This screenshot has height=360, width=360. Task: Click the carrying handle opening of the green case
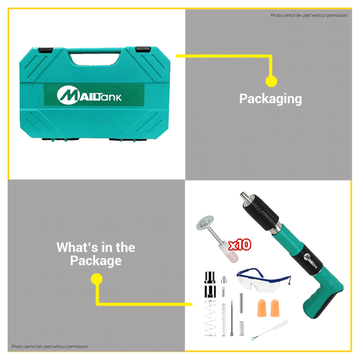click(x=95, y=59)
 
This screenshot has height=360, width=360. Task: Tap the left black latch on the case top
click(x=46, y=50)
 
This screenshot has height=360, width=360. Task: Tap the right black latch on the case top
click(x=143, y=49)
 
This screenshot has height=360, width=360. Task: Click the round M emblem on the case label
click(x=67, y=95)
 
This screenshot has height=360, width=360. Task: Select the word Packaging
click(x=271, y=99)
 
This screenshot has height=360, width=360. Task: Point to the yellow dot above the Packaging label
click(x=271, y=82)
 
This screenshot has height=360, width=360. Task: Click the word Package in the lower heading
click(x=96, y=261)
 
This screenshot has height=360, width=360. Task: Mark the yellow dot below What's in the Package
click(x=96, y=279)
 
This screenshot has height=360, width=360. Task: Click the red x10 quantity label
click(x=240, y=245)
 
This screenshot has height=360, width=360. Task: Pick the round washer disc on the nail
click(x=205, y=223)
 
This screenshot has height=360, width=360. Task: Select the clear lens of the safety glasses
click(x=258, y=283)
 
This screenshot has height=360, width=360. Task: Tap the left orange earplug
click(x=262, y=308)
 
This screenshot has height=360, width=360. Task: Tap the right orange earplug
click(x=276, y=308)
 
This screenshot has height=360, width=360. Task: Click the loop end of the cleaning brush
click(x=253, y=338)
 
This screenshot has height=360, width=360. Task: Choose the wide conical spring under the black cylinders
click(x=210, y=318)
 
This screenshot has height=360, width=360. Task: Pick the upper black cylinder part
click(x=210, y=277)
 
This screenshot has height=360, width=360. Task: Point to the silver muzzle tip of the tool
click(x=244, y=195)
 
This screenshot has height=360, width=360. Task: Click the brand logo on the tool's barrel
click(x=311, y=260)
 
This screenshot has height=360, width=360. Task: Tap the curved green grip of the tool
click(x=322, y=295)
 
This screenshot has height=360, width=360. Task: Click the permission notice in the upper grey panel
click(x=309, y=15)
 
